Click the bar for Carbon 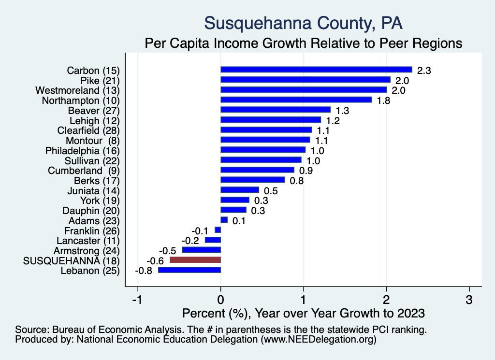tap(316, 70)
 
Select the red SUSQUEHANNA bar tap(195, 260)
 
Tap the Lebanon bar tap(189, 270)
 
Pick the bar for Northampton tap(296, 100)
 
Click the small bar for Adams tap(224, 220)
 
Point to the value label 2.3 tap(424, 71)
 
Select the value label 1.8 tap(383, 101)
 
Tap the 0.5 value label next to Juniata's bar tap(271, 191)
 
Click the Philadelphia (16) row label tap(82, 150)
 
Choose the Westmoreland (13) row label tap(77, 90)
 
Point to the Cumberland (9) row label tap(83, 171)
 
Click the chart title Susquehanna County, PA tap(303, 23)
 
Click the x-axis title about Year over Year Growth tap(303, 313)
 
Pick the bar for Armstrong tap(202, 250)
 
